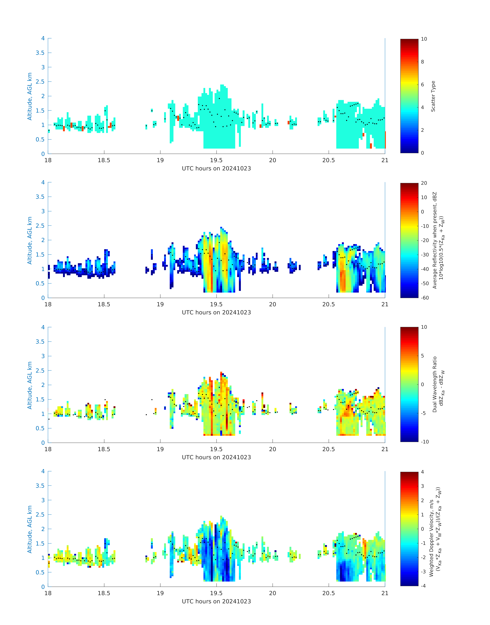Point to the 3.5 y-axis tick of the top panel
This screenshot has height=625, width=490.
pos(40,53)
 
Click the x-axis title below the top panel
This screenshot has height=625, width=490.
pos(216,168)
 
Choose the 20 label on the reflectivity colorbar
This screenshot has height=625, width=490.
pos(424,183)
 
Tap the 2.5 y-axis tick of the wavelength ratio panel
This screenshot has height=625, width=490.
pos(40,371)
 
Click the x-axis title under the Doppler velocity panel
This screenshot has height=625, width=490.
pos(216,601)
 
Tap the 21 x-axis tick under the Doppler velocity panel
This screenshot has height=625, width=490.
pos(385,593)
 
